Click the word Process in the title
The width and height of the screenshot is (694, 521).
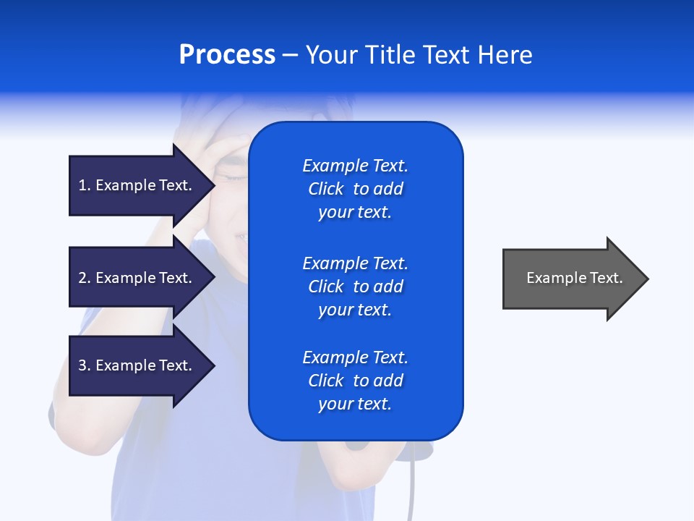pos(227,55)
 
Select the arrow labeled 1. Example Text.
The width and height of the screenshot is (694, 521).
pos(137,185)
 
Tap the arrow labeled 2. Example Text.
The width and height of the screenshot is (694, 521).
pos(137,278)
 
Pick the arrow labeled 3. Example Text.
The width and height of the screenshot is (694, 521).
pos(137,365)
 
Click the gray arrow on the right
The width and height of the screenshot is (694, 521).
pos(571,279)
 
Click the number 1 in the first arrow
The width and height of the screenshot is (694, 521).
pos(83,185)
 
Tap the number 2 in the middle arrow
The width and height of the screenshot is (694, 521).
pos(83,278)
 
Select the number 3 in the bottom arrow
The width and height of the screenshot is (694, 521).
pos(83,365)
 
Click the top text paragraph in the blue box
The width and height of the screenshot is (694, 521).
pos(355,189)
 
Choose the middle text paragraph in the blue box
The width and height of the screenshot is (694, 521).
pos(355,287)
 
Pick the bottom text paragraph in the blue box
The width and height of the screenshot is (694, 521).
pos(355,381)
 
